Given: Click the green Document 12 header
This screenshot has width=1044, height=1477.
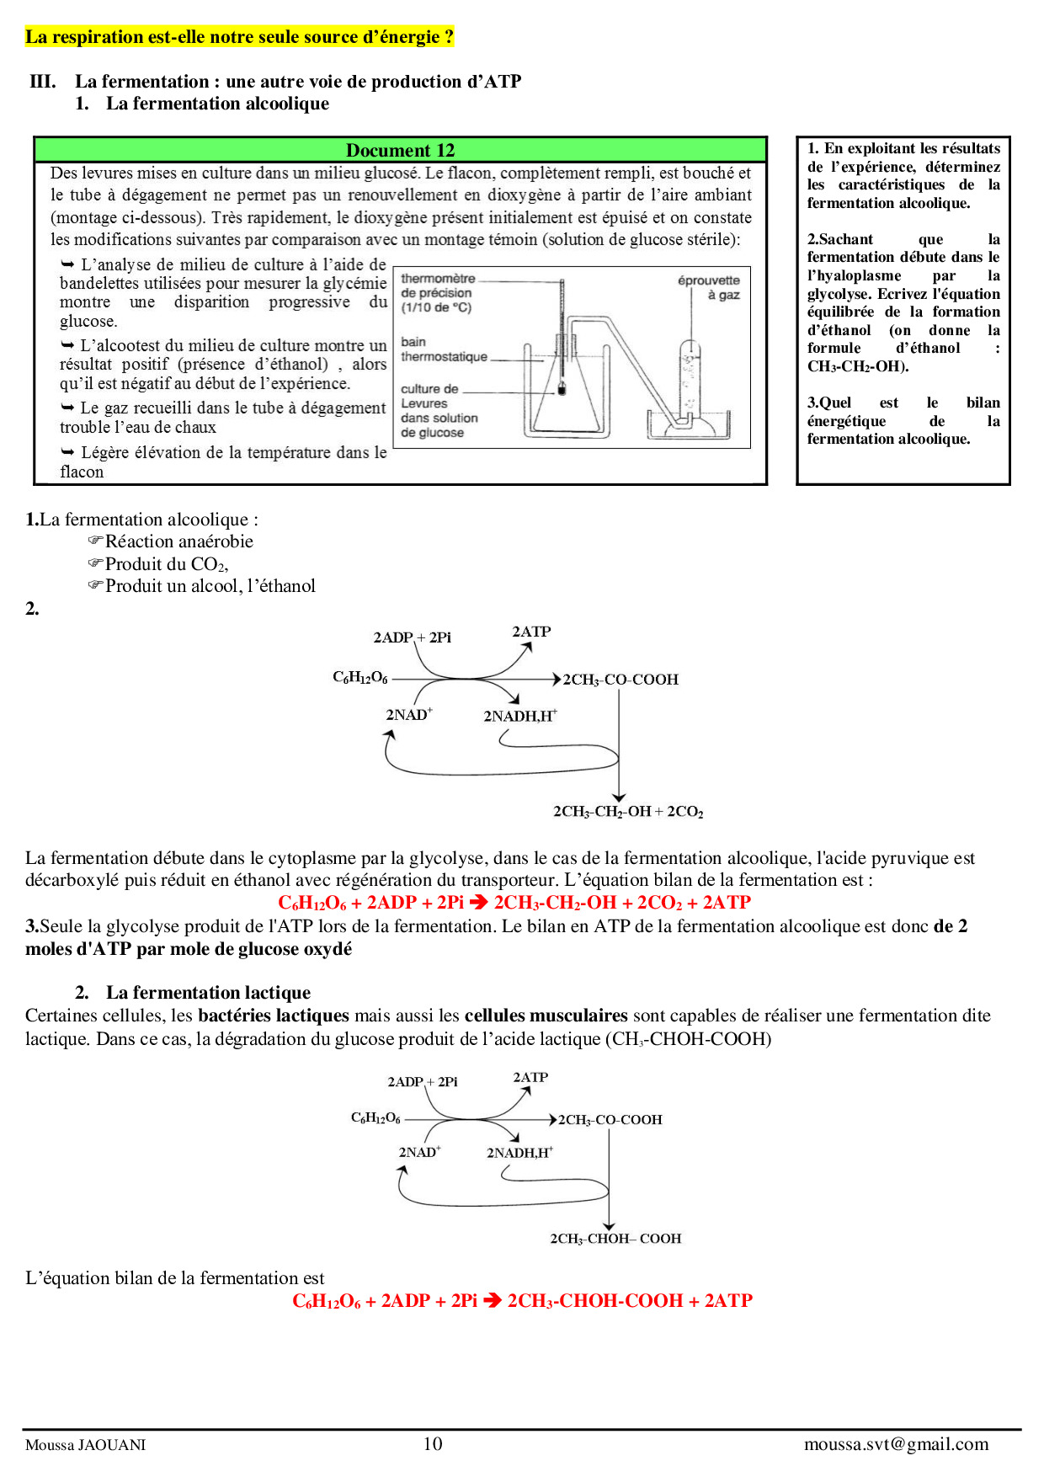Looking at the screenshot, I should click(x=400, y=150).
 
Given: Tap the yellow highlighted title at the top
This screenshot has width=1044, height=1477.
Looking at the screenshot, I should click(x=239, y=37).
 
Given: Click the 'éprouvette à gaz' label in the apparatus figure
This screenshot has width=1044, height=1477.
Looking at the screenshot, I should click(x=709, y=287).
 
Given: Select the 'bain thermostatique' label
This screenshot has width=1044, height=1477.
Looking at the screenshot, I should click(x=444, y=349).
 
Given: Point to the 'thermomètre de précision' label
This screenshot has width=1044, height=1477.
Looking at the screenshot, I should click(x=437, y=292).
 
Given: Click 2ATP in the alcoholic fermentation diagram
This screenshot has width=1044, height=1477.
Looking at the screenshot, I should click(x=531, y=632).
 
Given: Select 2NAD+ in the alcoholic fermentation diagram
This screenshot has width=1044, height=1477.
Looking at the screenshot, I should click(x=408, y=714).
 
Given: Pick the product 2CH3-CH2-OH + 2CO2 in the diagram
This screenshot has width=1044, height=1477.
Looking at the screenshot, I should click(x=627, y=812).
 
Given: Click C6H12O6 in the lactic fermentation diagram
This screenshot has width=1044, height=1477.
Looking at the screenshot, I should click(x=376, y=1118).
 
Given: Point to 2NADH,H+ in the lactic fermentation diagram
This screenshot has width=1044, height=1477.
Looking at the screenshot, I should click(x=519, y=1153).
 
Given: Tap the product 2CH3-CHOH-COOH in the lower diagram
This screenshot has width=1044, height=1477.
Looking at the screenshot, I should click(x=615, y=1239).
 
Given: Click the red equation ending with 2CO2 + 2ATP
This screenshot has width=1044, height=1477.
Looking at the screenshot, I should click(x=514, y=903).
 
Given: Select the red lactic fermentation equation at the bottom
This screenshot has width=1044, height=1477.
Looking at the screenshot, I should click(x=522, y=1301).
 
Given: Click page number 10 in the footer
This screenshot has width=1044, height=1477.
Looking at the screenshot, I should click(x=432, y=1444).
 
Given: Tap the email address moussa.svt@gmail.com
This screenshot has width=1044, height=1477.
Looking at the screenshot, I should click(x=896, y=1444).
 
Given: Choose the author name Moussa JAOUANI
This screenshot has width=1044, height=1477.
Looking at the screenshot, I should click(x=85, y=1445).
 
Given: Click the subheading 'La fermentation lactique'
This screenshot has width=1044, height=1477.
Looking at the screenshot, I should click(x=208, y=993).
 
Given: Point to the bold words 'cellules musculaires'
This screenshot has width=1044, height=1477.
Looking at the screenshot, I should click(x=546, y=1016).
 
